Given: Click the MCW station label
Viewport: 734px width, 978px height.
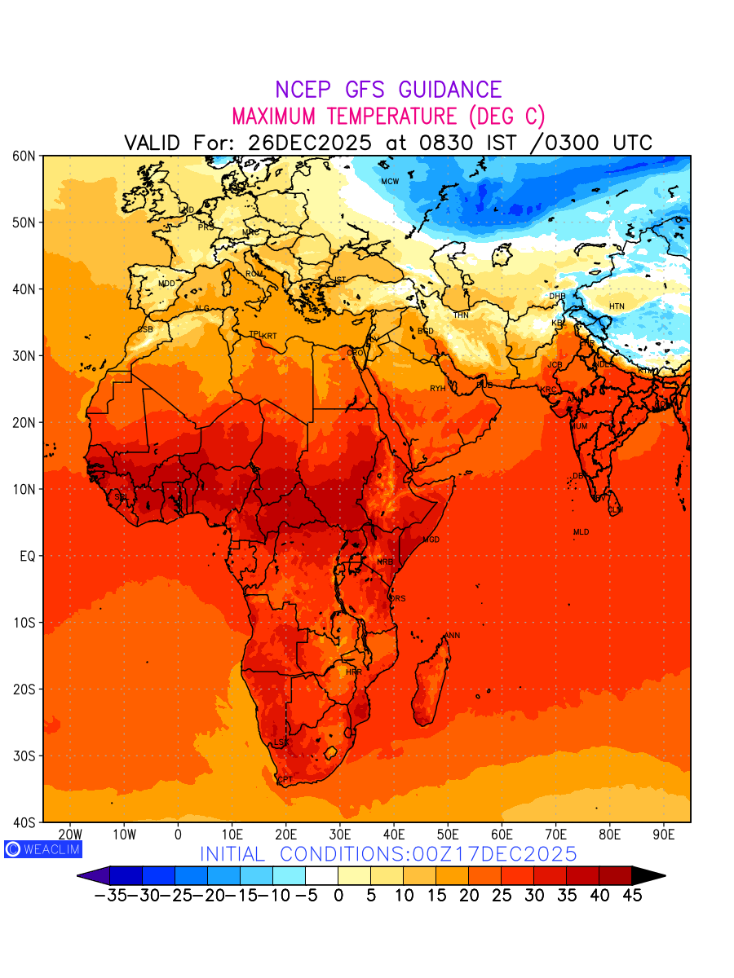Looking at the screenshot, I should pos(390,181).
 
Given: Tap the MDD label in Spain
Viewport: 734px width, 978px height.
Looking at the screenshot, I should pos(166,284).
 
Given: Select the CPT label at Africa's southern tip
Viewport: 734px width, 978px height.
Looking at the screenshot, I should pos(285,780).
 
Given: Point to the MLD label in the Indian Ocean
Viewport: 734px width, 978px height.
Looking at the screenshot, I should pos(581,532).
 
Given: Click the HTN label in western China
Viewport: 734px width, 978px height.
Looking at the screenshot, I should pos(617,306).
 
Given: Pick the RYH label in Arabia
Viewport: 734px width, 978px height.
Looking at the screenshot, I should pos(438,389).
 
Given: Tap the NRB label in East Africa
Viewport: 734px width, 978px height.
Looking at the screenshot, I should pos(385,562).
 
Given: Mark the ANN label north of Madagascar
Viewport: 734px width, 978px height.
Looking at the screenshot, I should pos(452,636).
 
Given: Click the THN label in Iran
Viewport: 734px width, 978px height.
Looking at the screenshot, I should pos(461,315).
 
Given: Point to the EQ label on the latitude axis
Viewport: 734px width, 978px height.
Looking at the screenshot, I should pos(26,556).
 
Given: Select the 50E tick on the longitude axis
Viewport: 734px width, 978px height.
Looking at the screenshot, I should pos(448,835).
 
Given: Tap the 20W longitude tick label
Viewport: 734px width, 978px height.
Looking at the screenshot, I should pos(70,835).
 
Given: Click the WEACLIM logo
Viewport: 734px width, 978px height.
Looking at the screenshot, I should pos(43,849).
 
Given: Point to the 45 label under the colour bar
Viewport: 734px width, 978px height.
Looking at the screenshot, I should pos(632,896).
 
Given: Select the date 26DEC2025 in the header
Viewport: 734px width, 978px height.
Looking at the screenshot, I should pos(310,143).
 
